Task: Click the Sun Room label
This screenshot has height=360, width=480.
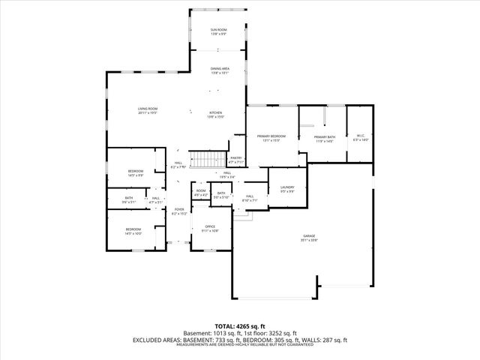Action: tap(219, 28)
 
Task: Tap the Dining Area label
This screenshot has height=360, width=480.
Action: tap(220, 68)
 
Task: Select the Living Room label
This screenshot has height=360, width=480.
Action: tap(147, 108)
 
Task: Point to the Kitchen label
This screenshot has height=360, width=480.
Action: tap(216, 112)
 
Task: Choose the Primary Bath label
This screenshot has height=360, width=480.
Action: tap(324, 136)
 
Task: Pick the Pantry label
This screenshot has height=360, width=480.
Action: tap(236, 157)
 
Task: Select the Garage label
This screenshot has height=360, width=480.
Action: tap(309, 236)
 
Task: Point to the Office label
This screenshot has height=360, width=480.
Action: tap(211, 226)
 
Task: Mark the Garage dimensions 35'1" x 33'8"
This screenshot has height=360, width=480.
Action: tap(309, 241)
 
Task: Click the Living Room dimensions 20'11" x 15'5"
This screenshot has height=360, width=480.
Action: tap(147, 113)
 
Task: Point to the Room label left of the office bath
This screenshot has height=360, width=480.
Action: tap(201, 190)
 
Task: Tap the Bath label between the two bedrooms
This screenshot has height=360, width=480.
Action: tap(130, 197)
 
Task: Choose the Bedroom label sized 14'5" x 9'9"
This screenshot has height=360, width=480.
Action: tap(135, 172)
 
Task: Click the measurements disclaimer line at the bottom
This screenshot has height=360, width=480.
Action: tap(239, 345)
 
